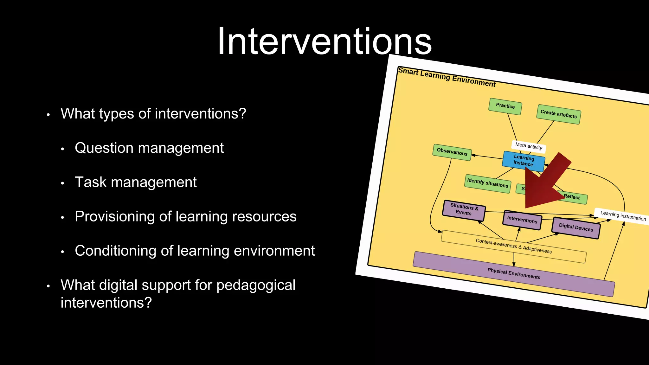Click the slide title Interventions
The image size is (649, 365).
[x=324, y=41]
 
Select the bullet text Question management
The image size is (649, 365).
[x=149, y=148]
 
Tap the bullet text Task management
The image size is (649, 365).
[x=136, y=182]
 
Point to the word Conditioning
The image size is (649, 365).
[x=115, y=251]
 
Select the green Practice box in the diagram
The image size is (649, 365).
[x=505, y=106]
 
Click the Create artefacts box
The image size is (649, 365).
[x=558, y=114]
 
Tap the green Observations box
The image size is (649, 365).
[x=452, y=152]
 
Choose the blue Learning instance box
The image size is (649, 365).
[x=524, y=161]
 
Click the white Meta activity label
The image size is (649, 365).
[x=528, y=146]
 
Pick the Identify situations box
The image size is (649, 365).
[x=487, y=183]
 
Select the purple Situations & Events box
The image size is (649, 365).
[x=464, y=210]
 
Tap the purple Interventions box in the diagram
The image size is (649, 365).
[x=522, y=220]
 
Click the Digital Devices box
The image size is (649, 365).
[x=575, y=227]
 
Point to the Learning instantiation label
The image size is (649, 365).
[x=623, y=216]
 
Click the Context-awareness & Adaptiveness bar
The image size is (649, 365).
[x=513, y=247]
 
